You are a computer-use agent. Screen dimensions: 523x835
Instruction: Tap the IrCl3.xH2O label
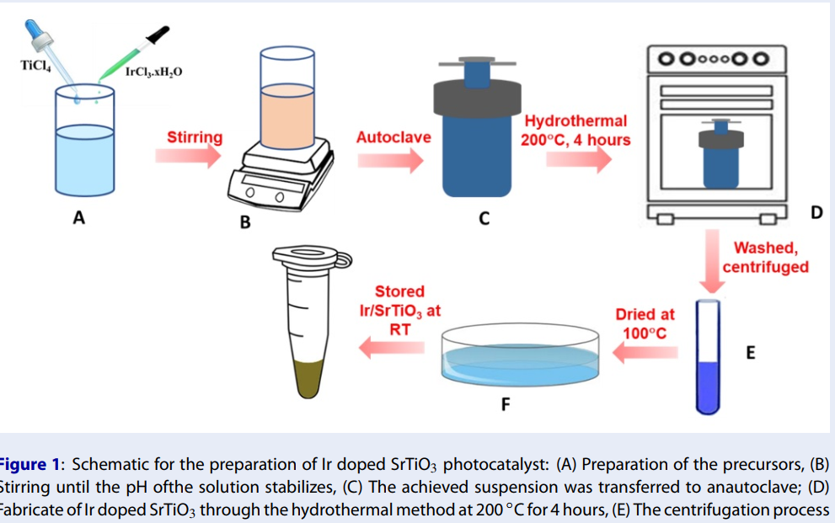153,72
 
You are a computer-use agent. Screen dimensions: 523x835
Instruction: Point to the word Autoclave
393,136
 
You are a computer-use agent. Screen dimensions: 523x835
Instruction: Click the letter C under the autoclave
484,219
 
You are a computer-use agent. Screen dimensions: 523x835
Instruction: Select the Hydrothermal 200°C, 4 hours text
575,131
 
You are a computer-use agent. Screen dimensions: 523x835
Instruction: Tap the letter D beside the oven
816,213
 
